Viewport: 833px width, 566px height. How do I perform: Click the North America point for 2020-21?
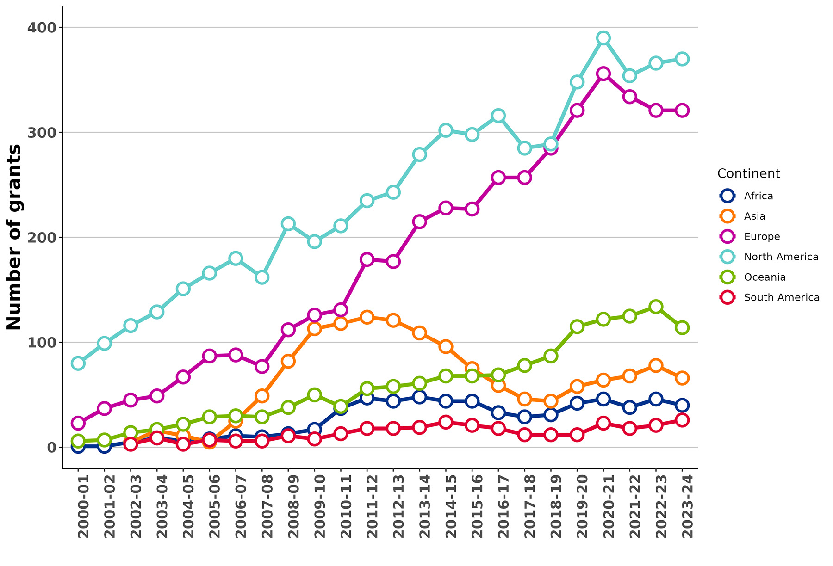[603, 38]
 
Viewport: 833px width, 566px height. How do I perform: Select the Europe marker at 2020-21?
[603, 74]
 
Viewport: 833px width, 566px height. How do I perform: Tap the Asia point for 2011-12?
[367, 317]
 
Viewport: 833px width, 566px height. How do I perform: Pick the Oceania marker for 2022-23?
[656, 307]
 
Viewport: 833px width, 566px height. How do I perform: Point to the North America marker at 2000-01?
[78, 363]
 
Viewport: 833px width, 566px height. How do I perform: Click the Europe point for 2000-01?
[78, 423]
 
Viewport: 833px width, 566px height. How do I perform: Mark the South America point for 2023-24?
[682, 420]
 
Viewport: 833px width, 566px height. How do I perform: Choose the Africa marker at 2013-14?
[420, 397]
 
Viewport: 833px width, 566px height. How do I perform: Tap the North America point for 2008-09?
[288, 224]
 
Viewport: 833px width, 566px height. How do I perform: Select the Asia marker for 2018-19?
[551, 401]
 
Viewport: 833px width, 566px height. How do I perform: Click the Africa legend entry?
[758, 196]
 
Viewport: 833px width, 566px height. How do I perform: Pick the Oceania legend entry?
[765, 277]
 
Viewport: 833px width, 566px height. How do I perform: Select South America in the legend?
[781, 297]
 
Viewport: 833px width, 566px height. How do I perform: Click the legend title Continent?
[748, 173]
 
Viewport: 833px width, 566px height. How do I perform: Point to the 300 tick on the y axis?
[44, 132]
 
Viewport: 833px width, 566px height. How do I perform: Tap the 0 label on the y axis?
[51, 447]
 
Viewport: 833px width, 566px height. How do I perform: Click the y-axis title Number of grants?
[14, 237]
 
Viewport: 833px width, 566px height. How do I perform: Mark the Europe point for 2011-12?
[367, 259]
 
